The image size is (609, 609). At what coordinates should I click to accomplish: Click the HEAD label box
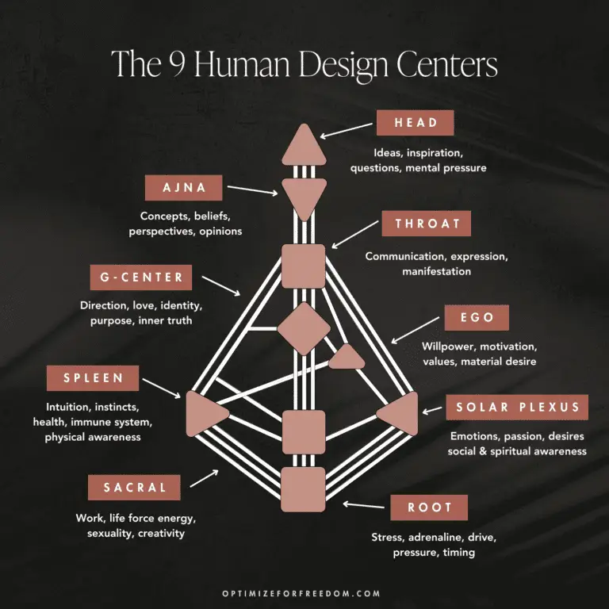pos(415,123)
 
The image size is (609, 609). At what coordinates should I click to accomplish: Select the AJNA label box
pos(185,188)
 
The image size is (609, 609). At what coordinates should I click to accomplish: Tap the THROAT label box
pos(427,224)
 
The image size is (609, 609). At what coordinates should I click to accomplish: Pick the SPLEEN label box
pos(94,378)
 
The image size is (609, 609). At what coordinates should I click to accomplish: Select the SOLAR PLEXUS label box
pos(518,408)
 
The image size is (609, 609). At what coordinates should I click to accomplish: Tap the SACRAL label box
pos(136,487)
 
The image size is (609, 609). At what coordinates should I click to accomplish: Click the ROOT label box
pos(429,507)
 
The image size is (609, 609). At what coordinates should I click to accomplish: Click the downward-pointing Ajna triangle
pos(304,194)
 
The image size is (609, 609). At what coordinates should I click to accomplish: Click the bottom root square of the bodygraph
pos(304,488)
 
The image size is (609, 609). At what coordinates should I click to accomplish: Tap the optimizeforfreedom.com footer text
pos(304,593)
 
